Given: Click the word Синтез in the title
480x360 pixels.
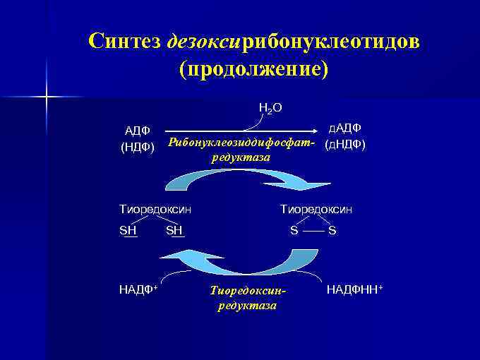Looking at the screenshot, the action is point(126,41).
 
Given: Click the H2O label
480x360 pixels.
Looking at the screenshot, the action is point(270,108).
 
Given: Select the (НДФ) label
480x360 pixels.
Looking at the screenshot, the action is point(138,147).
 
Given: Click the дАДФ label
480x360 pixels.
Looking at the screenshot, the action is point(345,128).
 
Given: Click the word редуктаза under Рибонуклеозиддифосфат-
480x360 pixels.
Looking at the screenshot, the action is point(241,157).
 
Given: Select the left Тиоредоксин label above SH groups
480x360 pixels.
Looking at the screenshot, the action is point(155,209).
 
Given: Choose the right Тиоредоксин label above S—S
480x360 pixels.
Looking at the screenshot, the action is point(316,209).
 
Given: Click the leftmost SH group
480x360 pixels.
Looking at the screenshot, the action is point(128,230).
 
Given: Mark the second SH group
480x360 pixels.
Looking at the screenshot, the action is point(174,230).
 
